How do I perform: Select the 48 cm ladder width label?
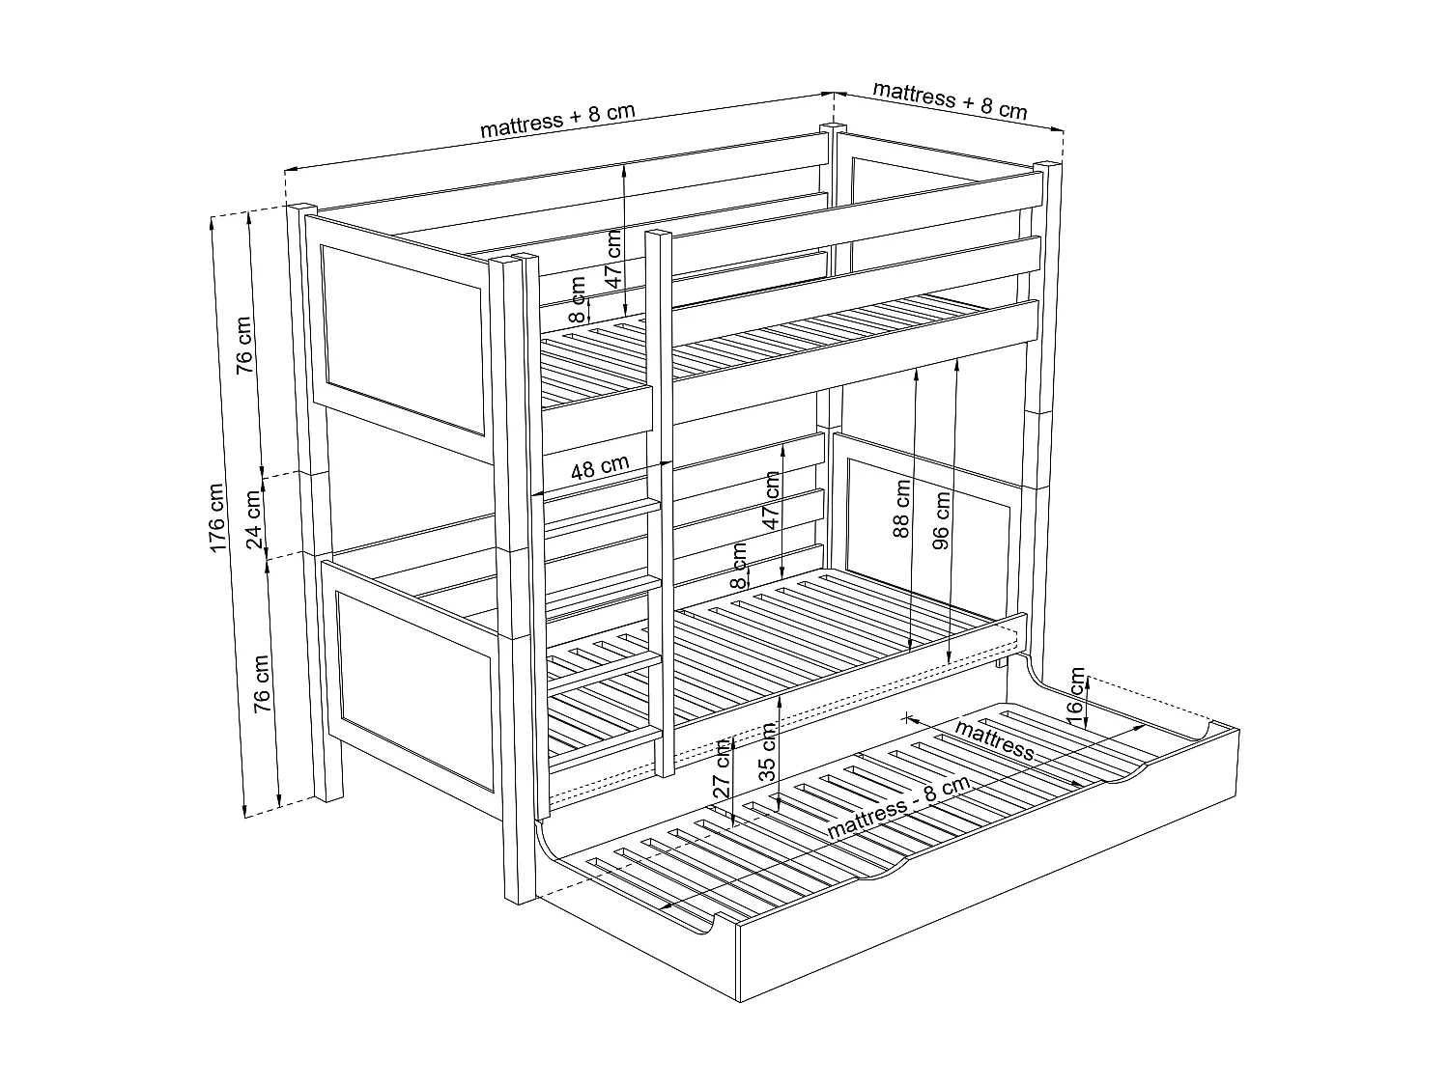pos(599,468)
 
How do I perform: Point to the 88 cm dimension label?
pos(901,508)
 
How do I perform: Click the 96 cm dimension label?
pos(942,518)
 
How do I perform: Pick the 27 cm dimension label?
pos(722,768)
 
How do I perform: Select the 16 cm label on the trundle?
pos(1077,691)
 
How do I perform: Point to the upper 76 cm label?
pos(243,345)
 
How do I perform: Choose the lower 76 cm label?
pos(261,683)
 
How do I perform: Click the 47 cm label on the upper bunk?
pos(611,261)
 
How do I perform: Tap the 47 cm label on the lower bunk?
pos(770,500)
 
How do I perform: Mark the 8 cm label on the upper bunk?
pos(577,298)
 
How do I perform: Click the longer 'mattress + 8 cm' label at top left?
pos(557,120)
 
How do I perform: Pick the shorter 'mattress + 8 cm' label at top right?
pos(950,100)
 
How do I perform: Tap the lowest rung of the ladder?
pos(605,745)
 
